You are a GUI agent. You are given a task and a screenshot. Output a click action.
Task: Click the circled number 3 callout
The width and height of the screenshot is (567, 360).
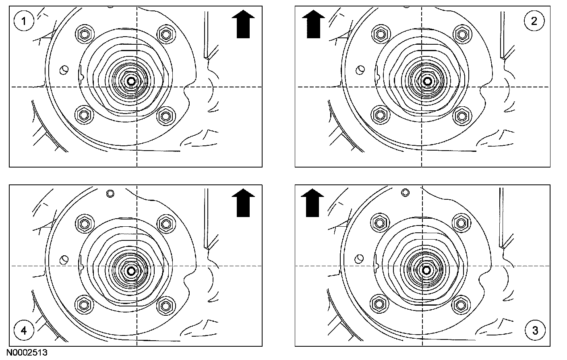535,331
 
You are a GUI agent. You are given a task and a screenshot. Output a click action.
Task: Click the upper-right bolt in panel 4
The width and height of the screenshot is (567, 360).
165,222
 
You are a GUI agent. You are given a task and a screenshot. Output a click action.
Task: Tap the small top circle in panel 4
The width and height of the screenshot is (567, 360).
110,193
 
